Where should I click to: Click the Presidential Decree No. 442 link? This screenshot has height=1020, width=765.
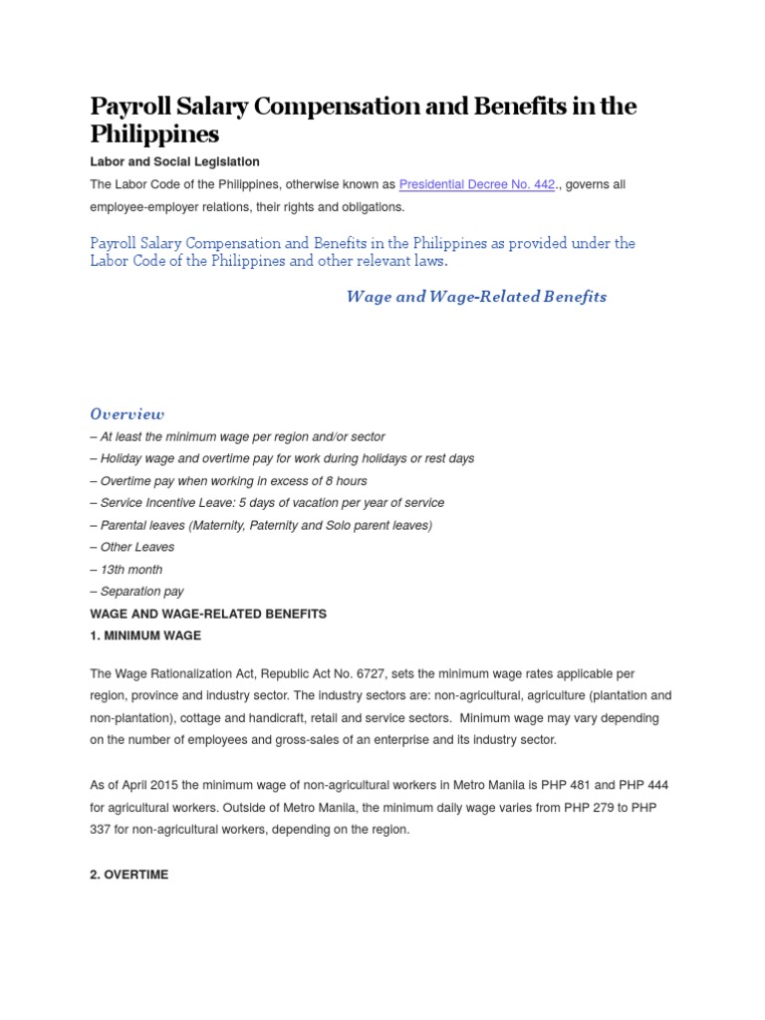coord(476,184)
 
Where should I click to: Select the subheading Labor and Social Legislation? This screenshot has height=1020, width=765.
coord(174,161)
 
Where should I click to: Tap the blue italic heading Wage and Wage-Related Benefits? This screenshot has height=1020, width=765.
coord(476,297)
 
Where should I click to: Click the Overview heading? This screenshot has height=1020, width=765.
coord(127,413)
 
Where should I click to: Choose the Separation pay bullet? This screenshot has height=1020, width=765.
coord(136,592)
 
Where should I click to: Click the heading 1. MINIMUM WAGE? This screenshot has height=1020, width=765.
coord(144,636)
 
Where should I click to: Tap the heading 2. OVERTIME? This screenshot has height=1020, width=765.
coord(129,875)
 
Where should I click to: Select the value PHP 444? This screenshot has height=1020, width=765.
coord(653,786)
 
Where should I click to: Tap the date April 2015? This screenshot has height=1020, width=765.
coord(158,786)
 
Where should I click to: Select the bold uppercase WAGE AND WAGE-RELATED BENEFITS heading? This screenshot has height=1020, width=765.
coord(208,614)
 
